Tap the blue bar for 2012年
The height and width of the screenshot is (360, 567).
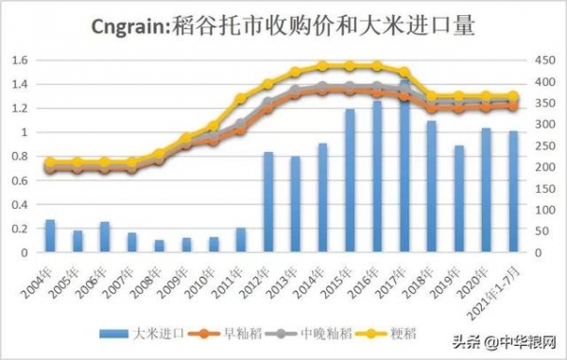tap(268, 202)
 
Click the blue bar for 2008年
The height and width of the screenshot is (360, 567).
tap(159, 246)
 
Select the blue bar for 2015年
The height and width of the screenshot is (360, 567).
tap(350, 180)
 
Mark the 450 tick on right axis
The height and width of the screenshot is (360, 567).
tap(544, 60)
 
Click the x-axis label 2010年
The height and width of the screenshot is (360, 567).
tap(202, 279)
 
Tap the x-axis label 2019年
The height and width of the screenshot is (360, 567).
tap(449, 279)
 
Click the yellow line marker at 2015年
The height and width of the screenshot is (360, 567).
tap(350, 66)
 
